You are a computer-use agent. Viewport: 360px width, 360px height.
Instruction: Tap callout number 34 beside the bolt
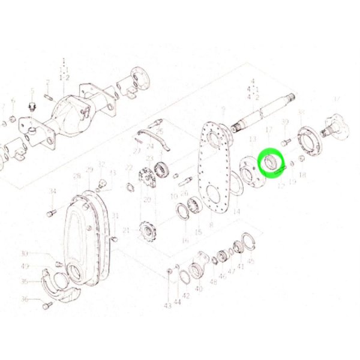click(52, 191)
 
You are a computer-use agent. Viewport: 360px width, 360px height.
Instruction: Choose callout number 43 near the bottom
click(167, 306)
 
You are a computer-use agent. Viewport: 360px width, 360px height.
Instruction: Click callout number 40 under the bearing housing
click(200, 289)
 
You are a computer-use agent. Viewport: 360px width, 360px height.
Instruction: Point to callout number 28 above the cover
click(77, 176)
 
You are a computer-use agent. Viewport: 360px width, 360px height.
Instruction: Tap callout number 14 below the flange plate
click(236, 211)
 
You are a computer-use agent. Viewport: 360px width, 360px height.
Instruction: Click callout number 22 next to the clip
click(128, 167)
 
